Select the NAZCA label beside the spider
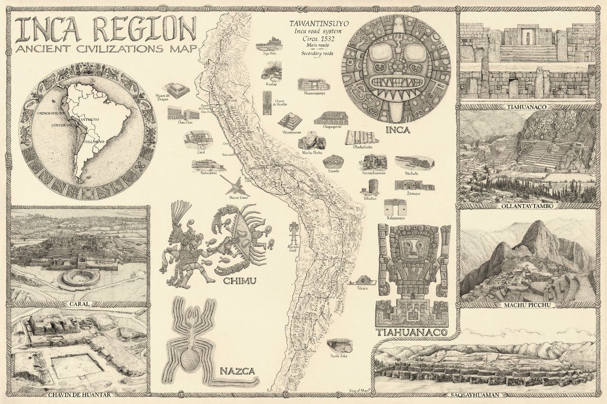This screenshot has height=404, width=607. click(x=236, y=372)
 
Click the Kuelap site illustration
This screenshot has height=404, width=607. click(x=272, y=70)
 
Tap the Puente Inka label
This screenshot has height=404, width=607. click(x=338, y=357)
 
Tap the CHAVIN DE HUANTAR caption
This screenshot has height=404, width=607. click(x=79, y=394)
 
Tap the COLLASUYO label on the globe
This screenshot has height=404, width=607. click(x=93, y=142)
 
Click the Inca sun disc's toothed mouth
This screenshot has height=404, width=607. click(x=396, y=82)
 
